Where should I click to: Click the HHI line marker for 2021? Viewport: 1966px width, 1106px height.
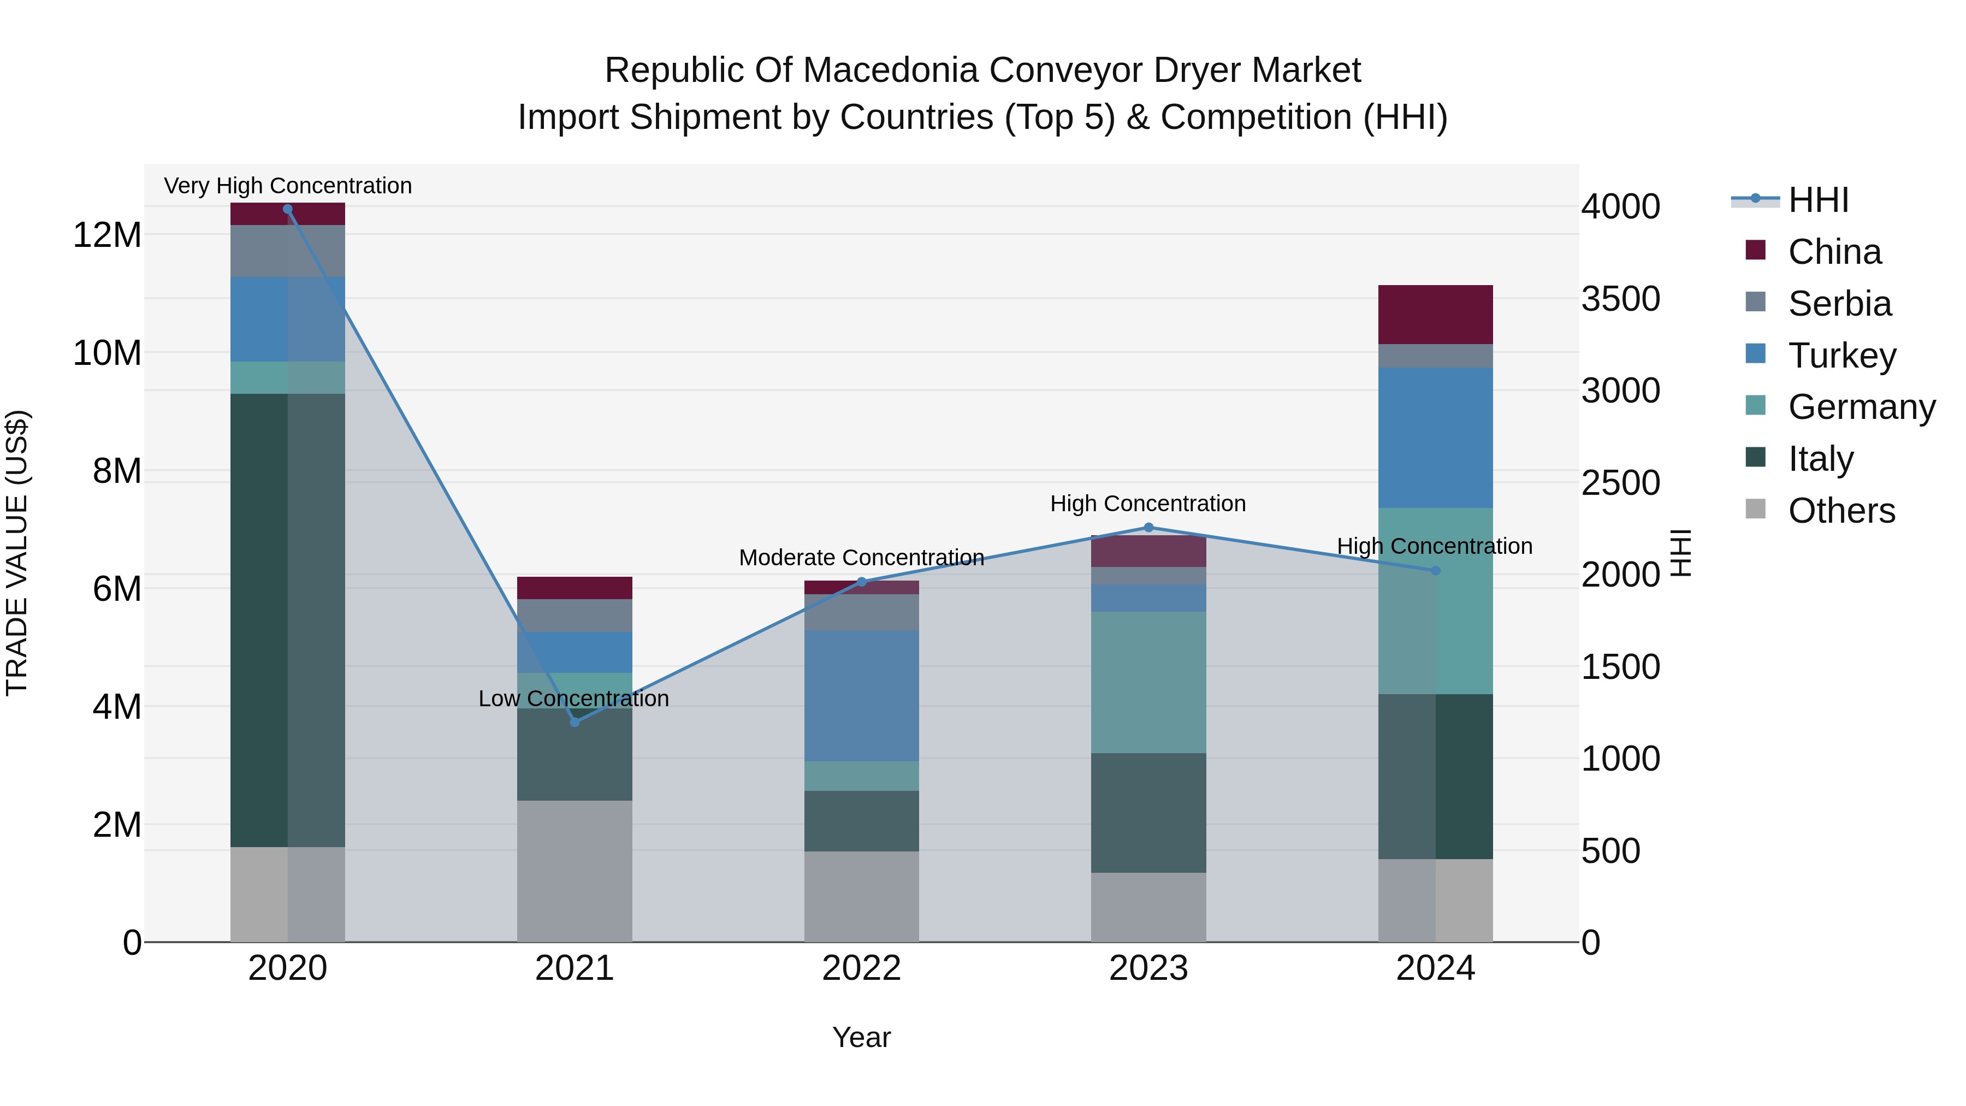click(575, 722)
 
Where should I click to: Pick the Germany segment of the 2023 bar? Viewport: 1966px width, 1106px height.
click(1148, 682)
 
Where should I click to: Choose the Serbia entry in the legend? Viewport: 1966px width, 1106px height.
click(1839, 304)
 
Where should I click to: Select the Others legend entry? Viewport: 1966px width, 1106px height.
click(1841, 511)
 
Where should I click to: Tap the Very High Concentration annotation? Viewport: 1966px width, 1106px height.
click(288, 186)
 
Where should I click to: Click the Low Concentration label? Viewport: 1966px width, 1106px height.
click(573, 699)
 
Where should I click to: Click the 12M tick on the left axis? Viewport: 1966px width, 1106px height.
click(107, 235)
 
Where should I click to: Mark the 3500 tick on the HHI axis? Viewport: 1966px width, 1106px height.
click(1620, 299)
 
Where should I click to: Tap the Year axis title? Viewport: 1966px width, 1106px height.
click(861, 1037)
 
